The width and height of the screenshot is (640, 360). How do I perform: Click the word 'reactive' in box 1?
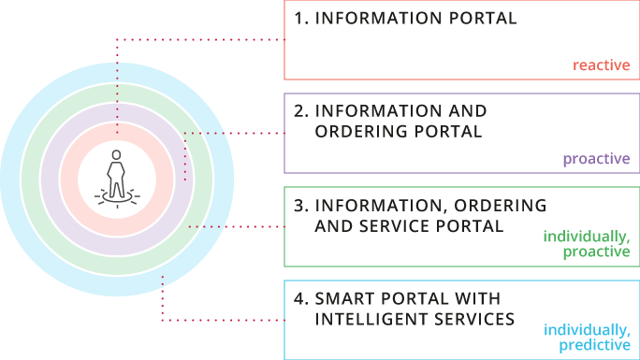601,65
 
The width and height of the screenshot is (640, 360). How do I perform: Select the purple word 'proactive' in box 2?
596,159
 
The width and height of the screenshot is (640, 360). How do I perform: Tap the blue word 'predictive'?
594,346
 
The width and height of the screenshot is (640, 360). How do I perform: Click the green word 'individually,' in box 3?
587,237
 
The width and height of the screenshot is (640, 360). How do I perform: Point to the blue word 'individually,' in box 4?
587,330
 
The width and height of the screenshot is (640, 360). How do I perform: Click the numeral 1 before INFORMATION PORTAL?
298,19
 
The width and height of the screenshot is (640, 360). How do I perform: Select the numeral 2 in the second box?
298,111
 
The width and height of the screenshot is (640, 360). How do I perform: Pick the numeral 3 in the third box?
298,205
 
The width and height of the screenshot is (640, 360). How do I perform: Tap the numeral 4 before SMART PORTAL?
299,298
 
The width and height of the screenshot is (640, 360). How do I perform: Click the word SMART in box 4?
348,298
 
